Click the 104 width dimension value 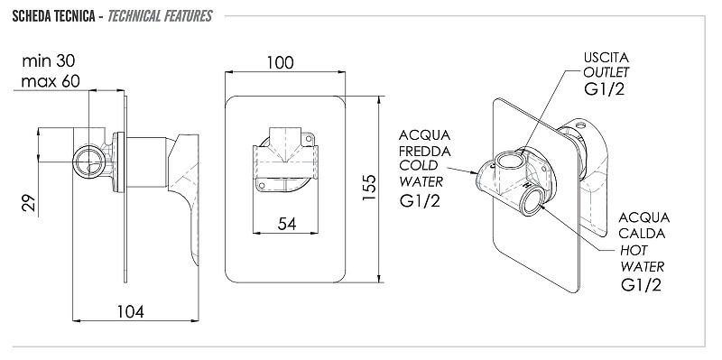[x=130, y=311]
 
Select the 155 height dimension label [x=369, y=187]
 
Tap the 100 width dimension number [x=280, y=62]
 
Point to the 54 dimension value [x=287, y=224]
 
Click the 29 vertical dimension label [x=29, y=203]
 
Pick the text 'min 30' [x=49, y=60]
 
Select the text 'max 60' [x=51, y=81]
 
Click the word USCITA [x=606, y=58]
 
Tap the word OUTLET [x=606, y=72]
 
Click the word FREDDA [x=424, y=151]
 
